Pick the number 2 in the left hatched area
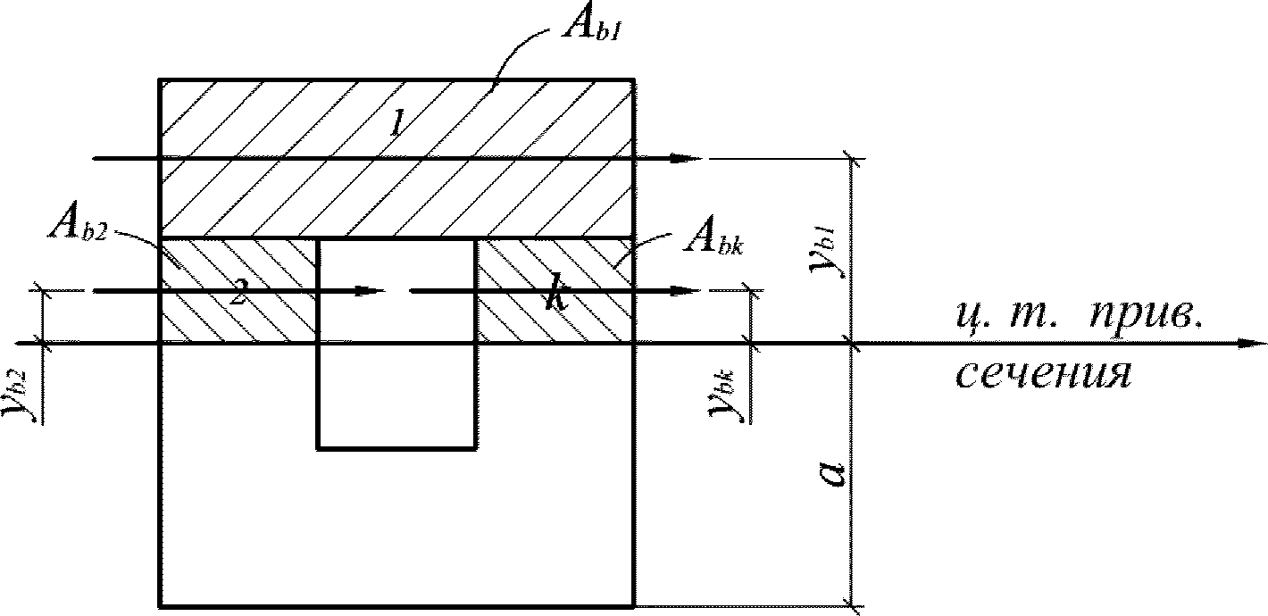tap(237, 295)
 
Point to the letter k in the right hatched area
tap(556, 298)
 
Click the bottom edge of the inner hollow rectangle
tap(396, 448)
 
